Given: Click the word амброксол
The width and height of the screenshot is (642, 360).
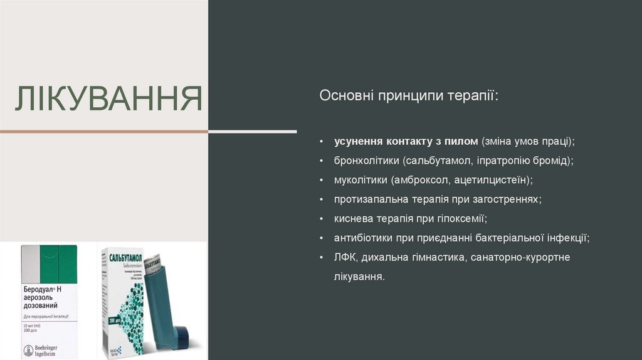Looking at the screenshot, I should pos(419,180).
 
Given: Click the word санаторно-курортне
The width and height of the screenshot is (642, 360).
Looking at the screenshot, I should pos(518,257).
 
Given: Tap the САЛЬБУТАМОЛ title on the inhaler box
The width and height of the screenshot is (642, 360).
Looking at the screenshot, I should pos(125,258).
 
